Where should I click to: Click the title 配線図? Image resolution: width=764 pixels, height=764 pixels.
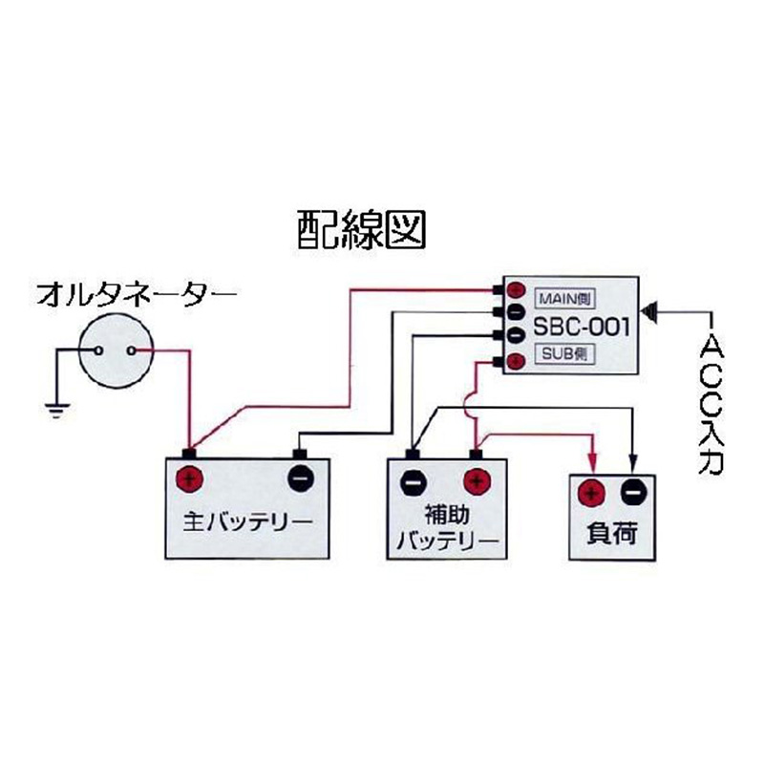pos(355,228)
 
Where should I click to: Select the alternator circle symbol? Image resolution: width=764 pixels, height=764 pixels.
pos(114,350)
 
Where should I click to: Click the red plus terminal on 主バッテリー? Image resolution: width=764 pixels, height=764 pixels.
pos(190,477)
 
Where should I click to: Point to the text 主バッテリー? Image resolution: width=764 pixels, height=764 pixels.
pos(247,523)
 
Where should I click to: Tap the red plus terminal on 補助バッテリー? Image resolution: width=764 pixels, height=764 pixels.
pos(476,480)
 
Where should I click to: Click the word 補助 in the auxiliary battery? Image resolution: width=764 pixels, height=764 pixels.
pos(446,515)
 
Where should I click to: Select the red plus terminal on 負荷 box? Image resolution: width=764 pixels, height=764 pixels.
pos(592,492)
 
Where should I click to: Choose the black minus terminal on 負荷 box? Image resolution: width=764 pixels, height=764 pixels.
pos(634,492)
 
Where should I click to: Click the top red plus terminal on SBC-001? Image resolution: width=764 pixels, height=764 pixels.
pos(515,288)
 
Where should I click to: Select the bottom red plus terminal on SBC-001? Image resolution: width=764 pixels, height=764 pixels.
pos(515,360)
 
